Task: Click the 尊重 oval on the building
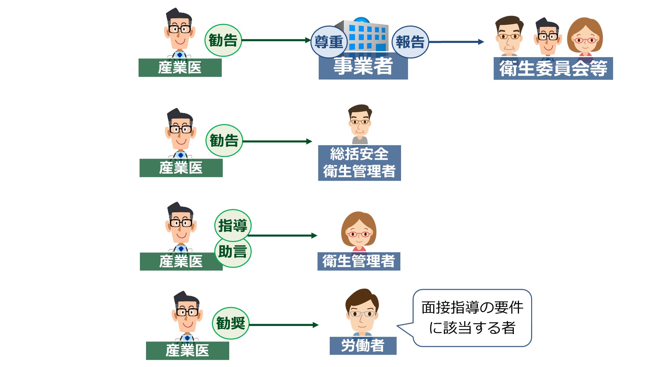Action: [x=329, y=42]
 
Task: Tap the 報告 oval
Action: [x=410, y=42]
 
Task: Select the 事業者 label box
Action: [x=363, y=67]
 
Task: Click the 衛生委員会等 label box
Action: [x=553, y=69]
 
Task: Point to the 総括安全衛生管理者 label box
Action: [x=359, y=163]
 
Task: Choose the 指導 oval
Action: [x=233, y=225]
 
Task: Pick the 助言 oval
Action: [x=233, y=252]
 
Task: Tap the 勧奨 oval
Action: [x=231, y=323]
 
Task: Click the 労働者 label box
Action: [x=363, y=346]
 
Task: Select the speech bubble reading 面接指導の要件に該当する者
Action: [x=472, y=318]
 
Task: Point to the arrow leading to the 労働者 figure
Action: [x=284, y=325]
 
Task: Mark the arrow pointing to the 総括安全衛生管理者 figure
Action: [x=277, y=141]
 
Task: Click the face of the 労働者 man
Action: [x=362, y=313]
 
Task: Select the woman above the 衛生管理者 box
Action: [x=359, y=231]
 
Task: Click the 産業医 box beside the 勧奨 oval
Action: [x=187, y=351]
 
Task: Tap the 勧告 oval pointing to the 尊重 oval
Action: [x=223, y=40]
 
